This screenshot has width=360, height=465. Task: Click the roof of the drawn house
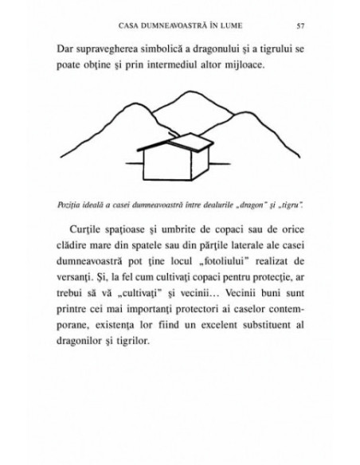pyautogui.click(x=171, y=143)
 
